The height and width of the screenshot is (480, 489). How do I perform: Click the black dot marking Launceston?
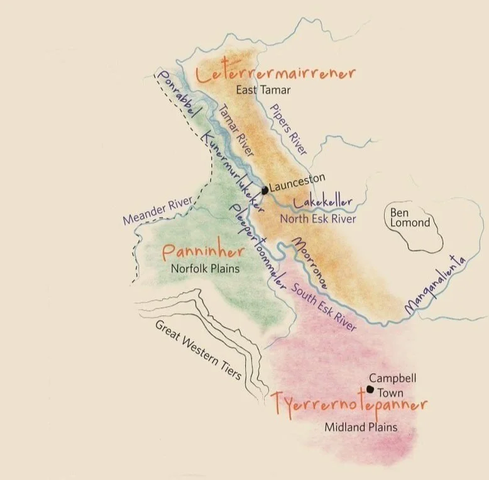click(265, 190)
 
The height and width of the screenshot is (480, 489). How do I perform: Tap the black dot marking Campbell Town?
click(370, 389)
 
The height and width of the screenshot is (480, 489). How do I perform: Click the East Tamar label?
click(263, 90)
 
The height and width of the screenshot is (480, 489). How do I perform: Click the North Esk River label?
click(318, 219)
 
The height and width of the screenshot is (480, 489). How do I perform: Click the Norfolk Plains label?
click(206, 268)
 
